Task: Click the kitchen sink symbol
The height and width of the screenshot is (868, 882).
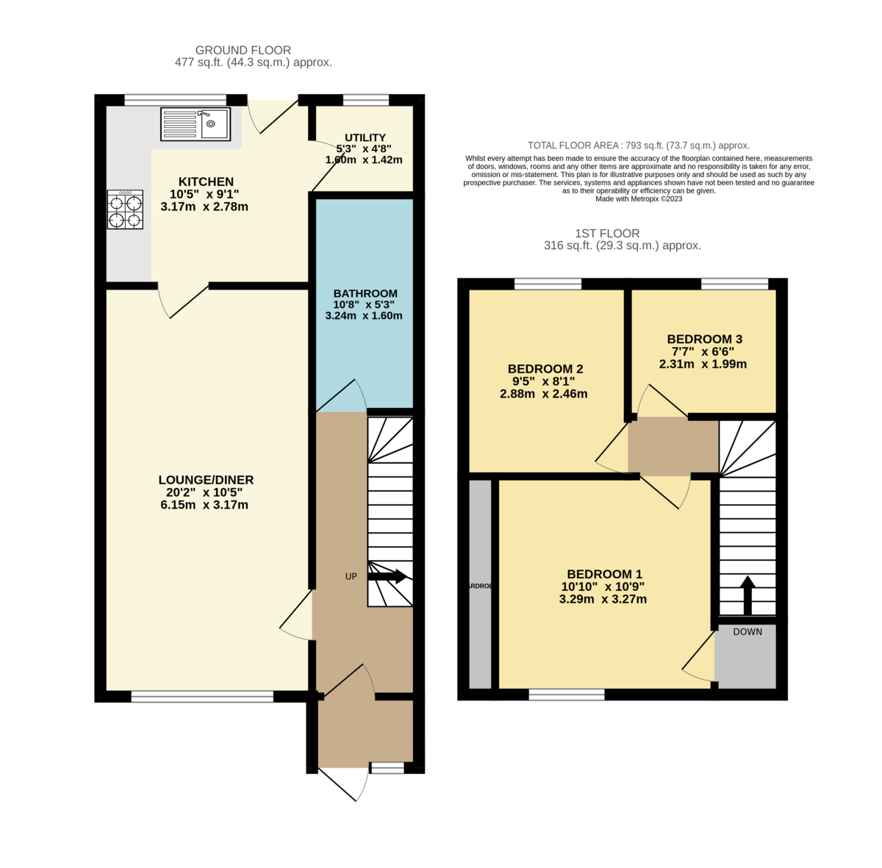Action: [196, 123]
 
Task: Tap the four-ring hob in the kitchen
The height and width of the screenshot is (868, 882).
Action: [125, 209]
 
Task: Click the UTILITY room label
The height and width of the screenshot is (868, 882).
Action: [365, 137]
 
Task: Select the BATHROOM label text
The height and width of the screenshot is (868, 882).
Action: [365, 293]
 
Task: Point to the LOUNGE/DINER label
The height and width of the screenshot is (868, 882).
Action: [206, 480]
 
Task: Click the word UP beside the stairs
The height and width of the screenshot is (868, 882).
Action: [351, 576]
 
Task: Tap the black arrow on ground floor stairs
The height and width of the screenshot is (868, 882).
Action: [387, 576]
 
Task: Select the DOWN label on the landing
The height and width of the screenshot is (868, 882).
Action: [747, 631]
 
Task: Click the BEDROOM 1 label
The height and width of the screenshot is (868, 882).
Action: [604, 574]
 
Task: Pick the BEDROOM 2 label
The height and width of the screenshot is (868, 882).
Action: [545, 368]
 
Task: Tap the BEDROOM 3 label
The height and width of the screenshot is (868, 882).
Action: [704, 339]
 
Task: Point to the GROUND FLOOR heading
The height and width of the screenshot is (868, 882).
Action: [243, 50]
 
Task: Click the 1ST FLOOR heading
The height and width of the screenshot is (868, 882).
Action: [607, 233]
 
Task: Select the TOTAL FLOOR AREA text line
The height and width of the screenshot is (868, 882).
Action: [638, 146]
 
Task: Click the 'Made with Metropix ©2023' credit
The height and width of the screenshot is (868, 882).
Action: [639, 198]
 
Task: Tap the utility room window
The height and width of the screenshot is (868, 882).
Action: [365, 101]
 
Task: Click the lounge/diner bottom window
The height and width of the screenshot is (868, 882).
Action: [202, 696]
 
